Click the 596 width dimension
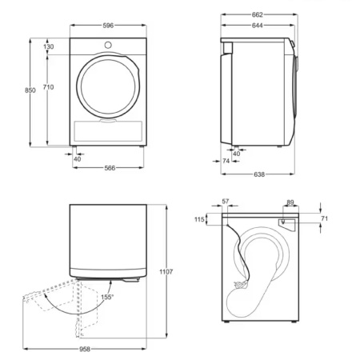tap(107, 26)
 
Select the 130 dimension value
tap(49, 47)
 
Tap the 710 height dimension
tap(49, 86)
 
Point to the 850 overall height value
tap(30, 91)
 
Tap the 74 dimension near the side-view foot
tap(226, 162)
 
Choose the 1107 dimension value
tap(166, 272)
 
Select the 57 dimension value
tap(226, 202)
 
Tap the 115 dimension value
tap(198, 219)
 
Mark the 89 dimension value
tap(290, 202)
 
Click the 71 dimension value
tap(324, 218)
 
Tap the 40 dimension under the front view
tap(77, 158)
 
